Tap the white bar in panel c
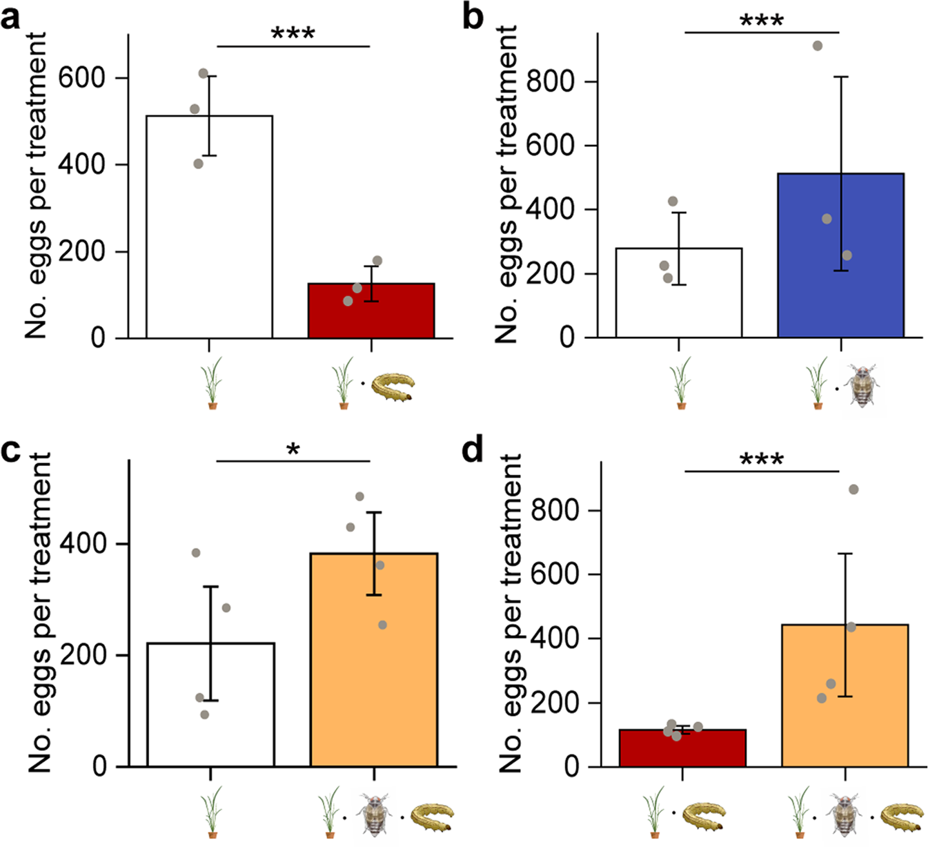pos(210,704)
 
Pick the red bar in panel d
pos(682,748)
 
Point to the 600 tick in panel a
pos(81,78)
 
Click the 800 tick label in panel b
pos(550,81)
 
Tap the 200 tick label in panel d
pos(554,703)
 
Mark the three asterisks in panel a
pos(293,34)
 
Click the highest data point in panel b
pos(818,46)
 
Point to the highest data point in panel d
pos(853,489)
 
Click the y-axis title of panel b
pos(507,185)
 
